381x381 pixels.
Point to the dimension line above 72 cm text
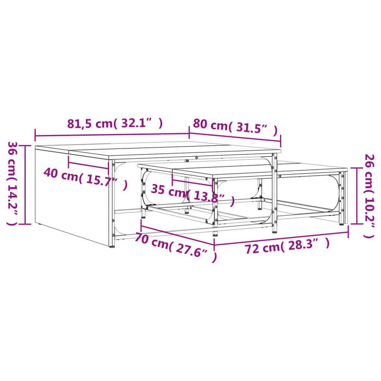point(282,238)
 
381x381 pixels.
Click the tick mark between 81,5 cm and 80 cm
point(189,133)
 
